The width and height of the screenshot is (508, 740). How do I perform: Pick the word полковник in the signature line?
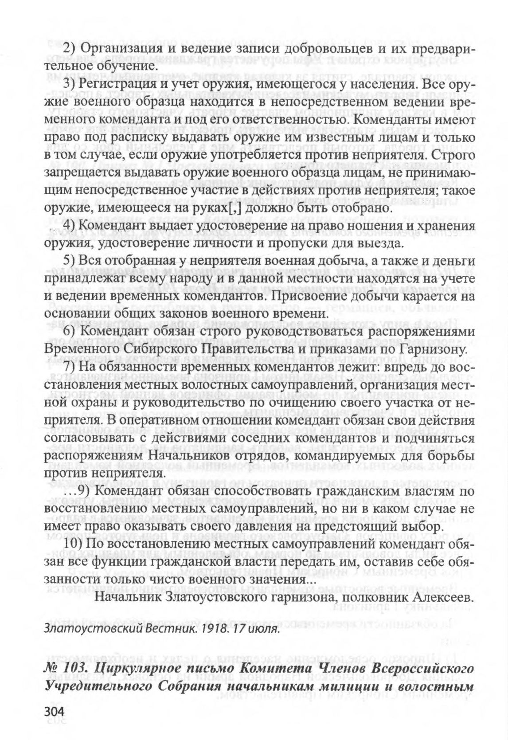pos(377,598)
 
